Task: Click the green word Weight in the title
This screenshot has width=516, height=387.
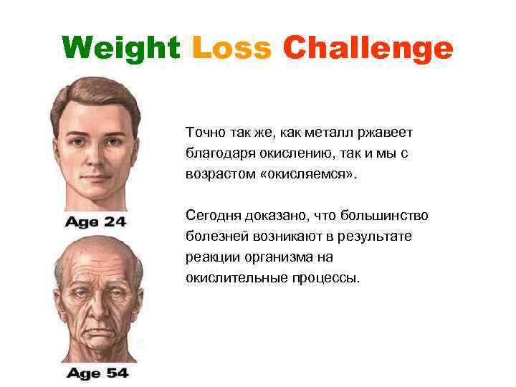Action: tap(121, 49)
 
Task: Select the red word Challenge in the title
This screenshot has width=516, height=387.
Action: tap(368, 49)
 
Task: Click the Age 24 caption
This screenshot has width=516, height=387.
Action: tap(95, 221)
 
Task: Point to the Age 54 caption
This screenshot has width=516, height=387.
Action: tap(97, 373)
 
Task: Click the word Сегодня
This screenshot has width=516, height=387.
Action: tap(213, 216)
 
